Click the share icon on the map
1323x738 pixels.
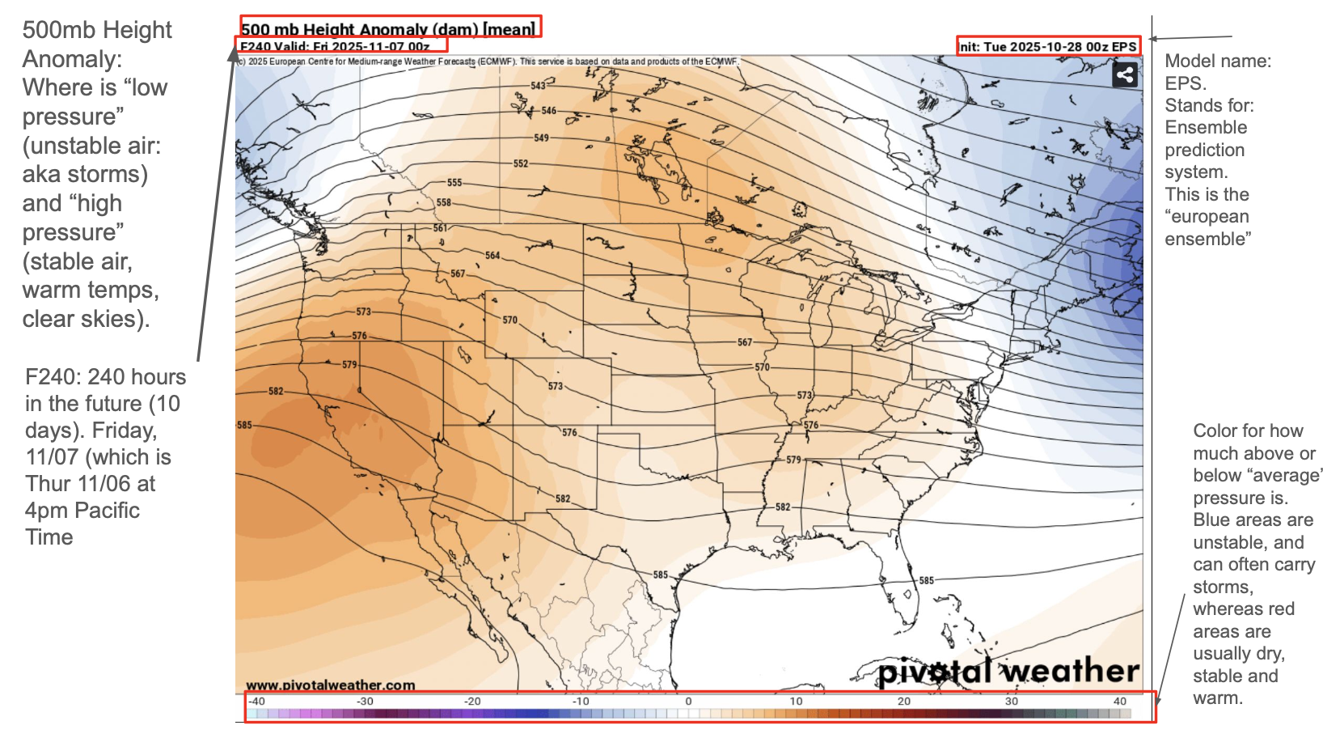[1125, 75]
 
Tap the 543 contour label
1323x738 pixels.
[539, 86]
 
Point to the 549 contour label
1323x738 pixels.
[541, 138]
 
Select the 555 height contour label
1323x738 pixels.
[454, 183]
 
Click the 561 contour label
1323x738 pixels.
[440, 228]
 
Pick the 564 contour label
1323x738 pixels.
[492, 256]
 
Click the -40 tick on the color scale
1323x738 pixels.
[256, 702]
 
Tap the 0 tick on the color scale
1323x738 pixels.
[688, 702]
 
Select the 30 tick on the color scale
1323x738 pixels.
[1012, 702]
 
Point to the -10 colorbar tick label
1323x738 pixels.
[581, 702]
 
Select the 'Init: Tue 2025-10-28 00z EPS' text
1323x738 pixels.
[1049, 47]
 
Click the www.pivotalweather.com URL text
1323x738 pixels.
[330, 685]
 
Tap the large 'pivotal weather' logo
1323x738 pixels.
[1008, 671]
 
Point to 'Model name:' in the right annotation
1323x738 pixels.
[1218, 61]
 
